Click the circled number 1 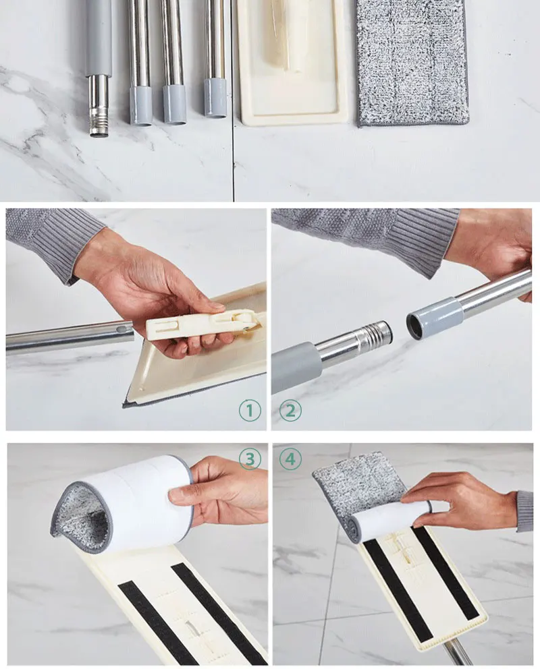250,411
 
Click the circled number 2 290,411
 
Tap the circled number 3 250,459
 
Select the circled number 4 290,459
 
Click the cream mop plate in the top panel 293,62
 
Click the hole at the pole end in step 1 123,330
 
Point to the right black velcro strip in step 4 446,573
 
